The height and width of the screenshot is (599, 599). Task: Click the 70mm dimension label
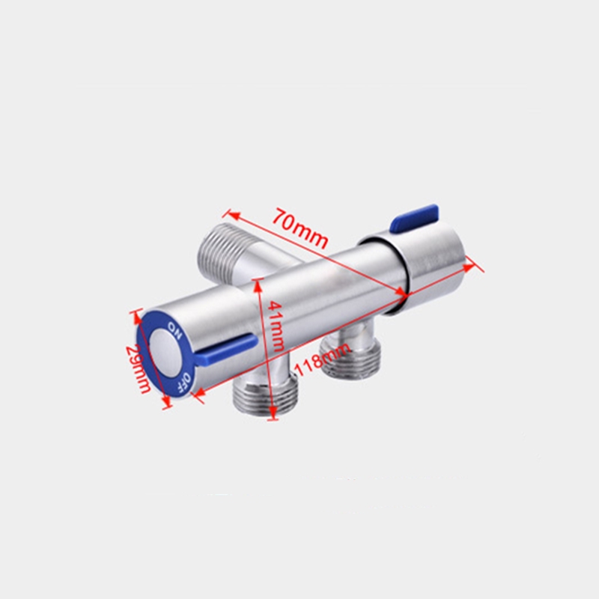[x=300, y=228]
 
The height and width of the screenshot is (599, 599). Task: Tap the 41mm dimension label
[x=276, y=326]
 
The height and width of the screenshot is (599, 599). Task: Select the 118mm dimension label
[x=323, y=360]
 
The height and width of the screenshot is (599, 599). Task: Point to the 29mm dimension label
[x=139, y=368]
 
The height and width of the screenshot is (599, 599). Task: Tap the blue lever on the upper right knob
[x=414, y=219]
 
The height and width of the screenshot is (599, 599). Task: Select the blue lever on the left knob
[x=225, y=348]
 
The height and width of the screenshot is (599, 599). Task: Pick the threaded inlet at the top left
[x=223, y=254]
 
